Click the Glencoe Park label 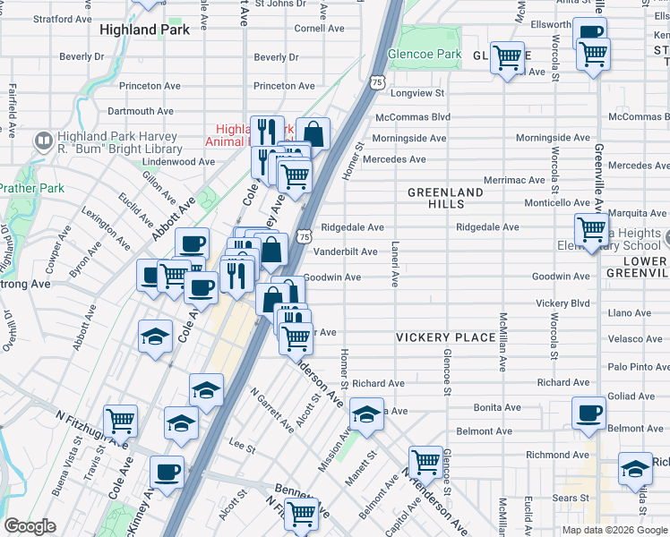(x=425, y=55)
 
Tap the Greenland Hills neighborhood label (x=445, y=199)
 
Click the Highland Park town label (x=145, y=30)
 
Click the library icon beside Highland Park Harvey (x=42, y=141)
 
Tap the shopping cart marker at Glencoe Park (x=507, y=58)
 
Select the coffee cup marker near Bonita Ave (x=588, y=413)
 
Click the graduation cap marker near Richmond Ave (x=635, y=468)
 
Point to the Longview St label (x=417, y=93)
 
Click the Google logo (x=30, y=526)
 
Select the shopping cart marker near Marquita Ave (x=591, y=229)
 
